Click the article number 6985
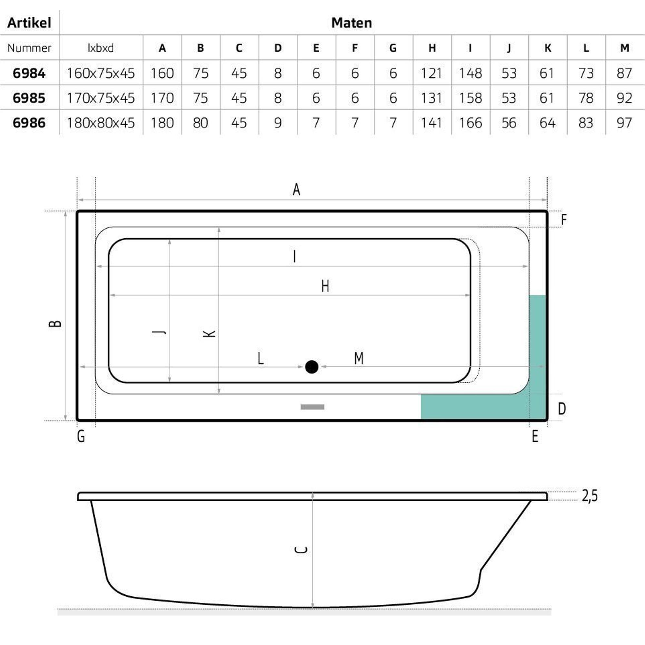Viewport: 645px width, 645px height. (x=29, y=98)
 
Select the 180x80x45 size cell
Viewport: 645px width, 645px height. (x=101, y=123)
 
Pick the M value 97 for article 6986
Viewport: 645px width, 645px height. (x=624, y=123)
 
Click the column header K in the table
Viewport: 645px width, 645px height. (x=548, y=48)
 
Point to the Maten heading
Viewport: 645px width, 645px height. (x=352, y=23)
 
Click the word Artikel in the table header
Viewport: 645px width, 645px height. (x=29, y=23)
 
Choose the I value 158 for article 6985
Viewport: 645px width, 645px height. (x=471, y=98)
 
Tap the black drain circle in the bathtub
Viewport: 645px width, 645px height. (x=312, y=367)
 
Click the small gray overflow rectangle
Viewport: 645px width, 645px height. (x=312, y=407)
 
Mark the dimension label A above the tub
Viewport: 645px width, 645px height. (x=296, y=190)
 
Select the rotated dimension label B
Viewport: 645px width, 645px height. (x=55, y=323)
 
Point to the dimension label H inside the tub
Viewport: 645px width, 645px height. (x=325, y=286)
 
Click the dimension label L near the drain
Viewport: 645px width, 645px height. (x=261, y=359)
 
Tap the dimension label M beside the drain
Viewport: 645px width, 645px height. (x=359, y=359)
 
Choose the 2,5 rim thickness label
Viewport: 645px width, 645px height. (x=590, y=496)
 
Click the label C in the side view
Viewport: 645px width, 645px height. (x=301, y=550)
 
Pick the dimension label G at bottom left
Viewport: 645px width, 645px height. (x=81, y=436)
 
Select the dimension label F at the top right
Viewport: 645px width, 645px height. (x=564, y=219)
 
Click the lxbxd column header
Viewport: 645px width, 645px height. (x=101, y=48)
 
